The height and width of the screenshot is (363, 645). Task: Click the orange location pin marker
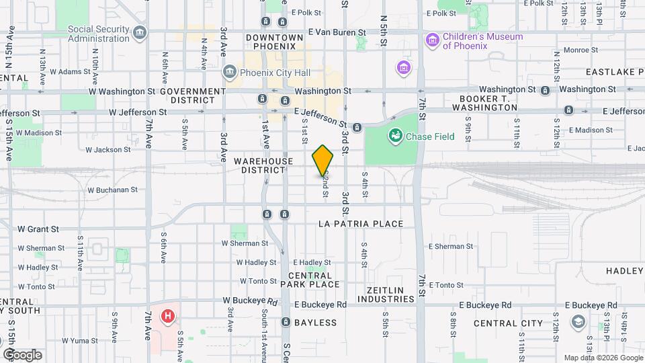pos(322,160)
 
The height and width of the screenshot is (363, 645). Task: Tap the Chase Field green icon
pos(395,136)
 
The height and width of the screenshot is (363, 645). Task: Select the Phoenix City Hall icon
pos(230,72)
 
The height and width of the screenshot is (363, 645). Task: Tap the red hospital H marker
pos(168,315)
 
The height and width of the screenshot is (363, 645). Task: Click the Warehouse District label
pos(264,165)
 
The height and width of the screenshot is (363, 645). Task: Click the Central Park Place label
pos(314,280)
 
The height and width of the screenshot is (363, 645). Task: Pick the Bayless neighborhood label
pos(314,323)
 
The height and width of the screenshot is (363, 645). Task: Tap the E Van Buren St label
pos(337,32)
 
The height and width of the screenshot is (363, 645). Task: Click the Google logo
pos(21,355)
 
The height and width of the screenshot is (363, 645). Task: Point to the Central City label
pos(509,323)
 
